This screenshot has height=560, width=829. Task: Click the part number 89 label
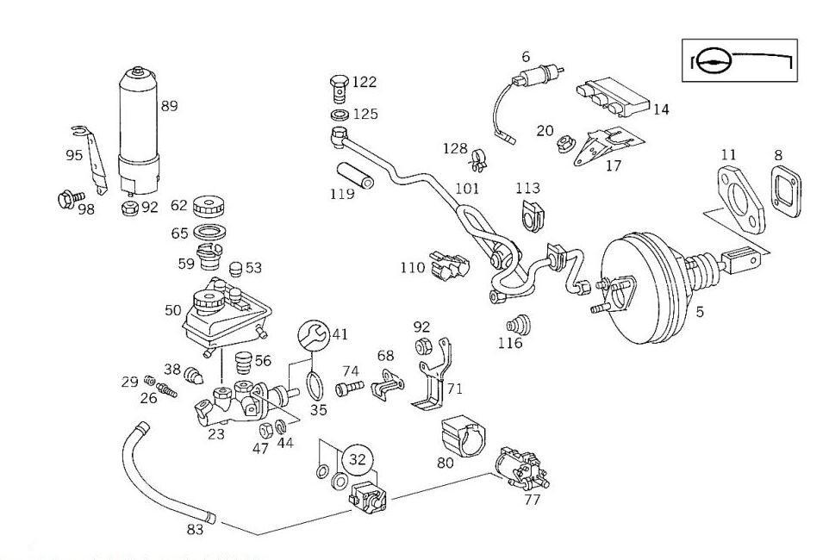pyautogui.click(x=169, y=106)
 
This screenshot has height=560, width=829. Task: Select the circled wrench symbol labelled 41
pyautogui.click(x=314, y=334)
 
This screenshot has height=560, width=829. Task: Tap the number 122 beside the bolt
pyautogui.click(x=365, y=82)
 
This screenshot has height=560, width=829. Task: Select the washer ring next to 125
pyautogui.click(x=340, y=114)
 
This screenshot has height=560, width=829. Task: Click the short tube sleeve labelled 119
pyautogui.click(x=352, y=174)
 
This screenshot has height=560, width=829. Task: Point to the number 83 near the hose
pyautogui.click(x=195, y=529)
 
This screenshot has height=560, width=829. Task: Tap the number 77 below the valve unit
pyautogui.click(x=532, y=499)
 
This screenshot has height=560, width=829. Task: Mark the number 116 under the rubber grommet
pyautogui.click(x=510, y=343)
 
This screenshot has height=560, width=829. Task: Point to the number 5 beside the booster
pyautogui.click(x=700, y=311)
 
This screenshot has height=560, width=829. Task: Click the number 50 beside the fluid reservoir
pyautogui.click(x=173, y=310)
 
